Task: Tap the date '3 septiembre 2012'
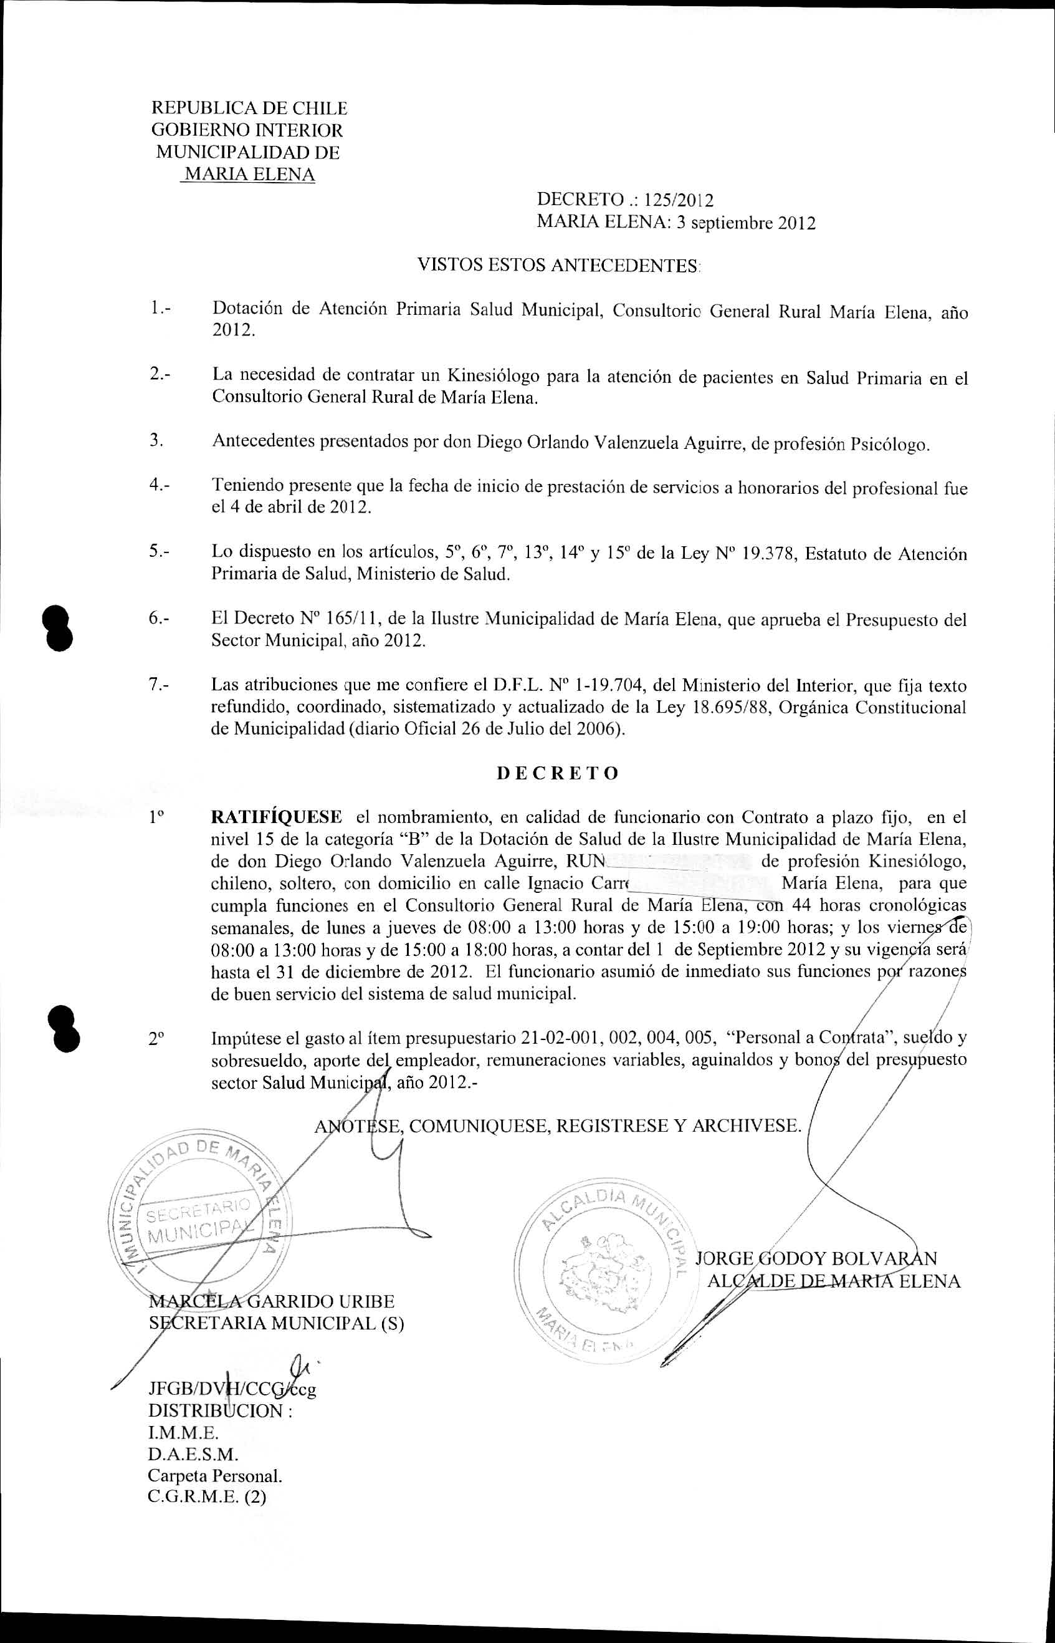coord(745,223)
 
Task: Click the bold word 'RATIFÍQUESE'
coord(277,817)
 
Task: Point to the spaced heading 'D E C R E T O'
coord(557,773)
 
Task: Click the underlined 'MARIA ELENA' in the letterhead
coord(250,175)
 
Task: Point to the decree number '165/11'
coord(351,620)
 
